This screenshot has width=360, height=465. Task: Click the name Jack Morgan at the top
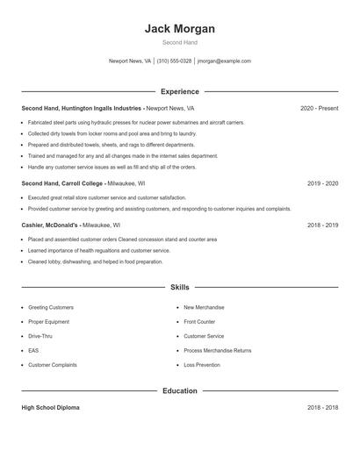click(x=179, y=28)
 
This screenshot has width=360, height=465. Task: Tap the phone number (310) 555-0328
click(x=174, y=61)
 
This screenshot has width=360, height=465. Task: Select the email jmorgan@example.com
click(x=224, y=61)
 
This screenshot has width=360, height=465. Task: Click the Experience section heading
click(x=179, y=91)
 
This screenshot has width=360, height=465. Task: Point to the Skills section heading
click(x=179, y=287)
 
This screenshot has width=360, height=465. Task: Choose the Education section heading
click(x=179, y=390)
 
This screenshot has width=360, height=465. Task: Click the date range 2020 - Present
click(x=319, y=108)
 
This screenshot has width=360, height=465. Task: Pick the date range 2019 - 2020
click(x=322, y=183)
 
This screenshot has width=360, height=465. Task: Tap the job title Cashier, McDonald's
click(x=49, y=225)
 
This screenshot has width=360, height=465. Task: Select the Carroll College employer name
click(x=80, y=183)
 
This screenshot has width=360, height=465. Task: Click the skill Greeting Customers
click(x=51, y=307)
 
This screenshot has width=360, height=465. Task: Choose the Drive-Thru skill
click(x=40, y=336)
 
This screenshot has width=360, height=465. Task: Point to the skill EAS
click(x=33, y=350)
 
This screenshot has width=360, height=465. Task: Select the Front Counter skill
click(x=199, y=322)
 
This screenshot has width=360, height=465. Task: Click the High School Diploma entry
click(x=52, y=408)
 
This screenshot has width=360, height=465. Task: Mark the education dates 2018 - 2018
click(x=322, y=408)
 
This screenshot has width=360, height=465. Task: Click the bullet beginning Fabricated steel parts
click(x=136, y=123)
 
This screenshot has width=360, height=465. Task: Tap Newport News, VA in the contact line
click(x=129, y=61)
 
